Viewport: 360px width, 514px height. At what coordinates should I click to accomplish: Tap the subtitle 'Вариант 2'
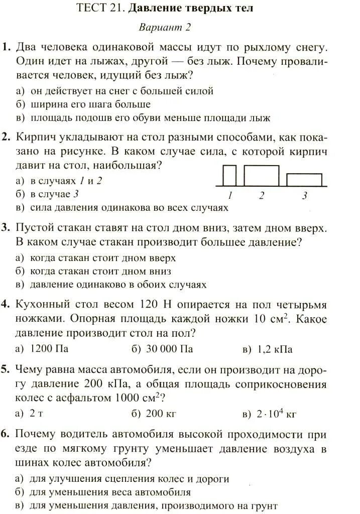[x=165, y=27]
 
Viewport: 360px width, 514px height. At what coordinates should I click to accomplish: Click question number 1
[x=6, y=48]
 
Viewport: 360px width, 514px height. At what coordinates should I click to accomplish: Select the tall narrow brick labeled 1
[x=229, y=175]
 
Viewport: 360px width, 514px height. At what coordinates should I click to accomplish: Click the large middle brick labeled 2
[x=262, y=175]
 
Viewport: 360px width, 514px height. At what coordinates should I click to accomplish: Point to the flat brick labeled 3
[x=304, y=180]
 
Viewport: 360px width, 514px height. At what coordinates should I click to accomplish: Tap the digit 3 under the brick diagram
[x=304, y=196]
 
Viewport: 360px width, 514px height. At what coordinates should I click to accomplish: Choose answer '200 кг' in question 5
[x=161, y=414]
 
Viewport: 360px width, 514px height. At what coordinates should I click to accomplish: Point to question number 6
[x=6, y=434]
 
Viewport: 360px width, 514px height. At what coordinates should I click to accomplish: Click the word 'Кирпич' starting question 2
[x=33, y=137]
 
